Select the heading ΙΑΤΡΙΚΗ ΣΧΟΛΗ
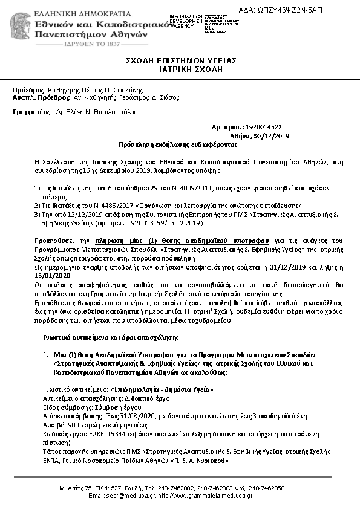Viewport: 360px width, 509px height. (181, 70)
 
